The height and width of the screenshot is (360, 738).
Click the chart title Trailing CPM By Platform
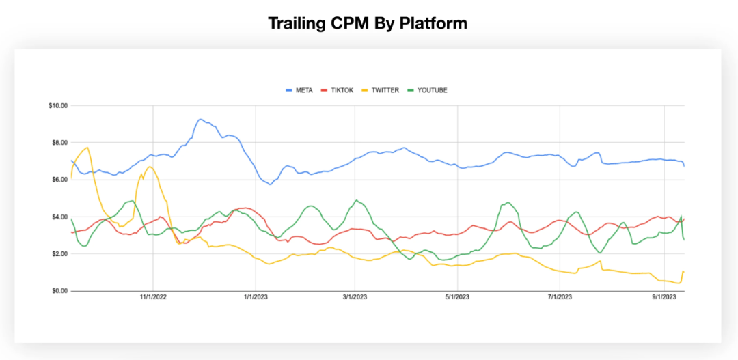(x=368, y=23)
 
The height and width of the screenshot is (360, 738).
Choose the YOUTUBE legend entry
(x=430, y=90)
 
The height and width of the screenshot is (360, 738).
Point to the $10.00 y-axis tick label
(x=57, y=106)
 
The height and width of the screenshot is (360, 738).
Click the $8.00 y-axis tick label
(x=59, y=143)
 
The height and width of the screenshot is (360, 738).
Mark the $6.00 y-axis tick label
(x=59, y=180)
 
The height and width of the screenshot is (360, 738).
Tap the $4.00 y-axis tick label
(x=59, y=217)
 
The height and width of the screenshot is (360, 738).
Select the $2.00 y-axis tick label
(x=59, y=254)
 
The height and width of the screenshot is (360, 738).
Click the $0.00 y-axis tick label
(x=59, y=291)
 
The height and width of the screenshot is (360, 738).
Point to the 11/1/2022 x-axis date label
(x=153, y=297)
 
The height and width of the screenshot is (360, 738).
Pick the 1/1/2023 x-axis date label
(x=255, y=297)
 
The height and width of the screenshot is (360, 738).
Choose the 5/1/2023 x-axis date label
(x=456, y=297)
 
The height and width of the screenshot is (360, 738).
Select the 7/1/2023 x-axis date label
(x=560, y=297)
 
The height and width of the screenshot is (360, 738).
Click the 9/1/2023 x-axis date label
(x=664, y=297)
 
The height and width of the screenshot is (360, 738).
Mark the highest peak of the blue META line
(x=200, y=120)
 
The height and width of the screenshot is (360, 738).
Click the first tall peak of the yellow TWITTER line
(x=87, y=148)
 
